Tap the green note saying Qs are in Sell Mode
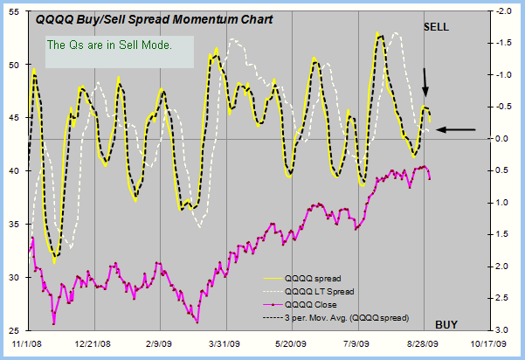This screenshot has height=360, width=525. pos(108,45)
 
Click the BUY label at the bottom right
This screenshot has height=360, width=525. pos(446,324)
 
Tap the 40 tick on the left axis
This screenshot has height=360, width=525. pos(15,171)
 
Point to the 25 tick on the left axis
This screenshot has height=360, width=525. pos(15,331)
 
